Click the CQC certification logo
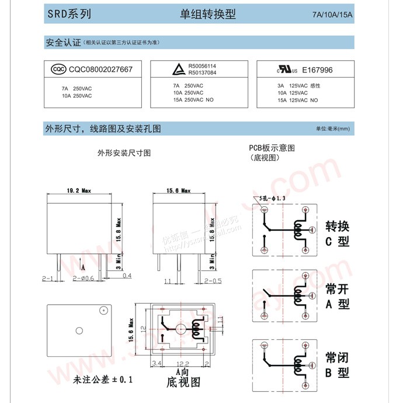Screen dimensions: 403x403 click(x=58, y=70)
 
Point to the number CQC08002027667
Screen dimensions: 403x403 click(x=101, y=70)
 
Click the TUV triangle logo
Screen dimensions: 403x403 click(x=176, y=70)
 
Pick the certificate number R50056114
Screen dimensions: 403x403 click(x=202, y=67)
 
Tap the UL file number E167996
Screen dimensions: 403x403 click(x=317, y=70)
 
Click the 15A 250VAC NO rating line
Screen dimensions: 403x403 click(x=193, y=100)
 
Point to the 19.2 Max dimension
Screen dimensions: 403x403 click(x=79, y=191)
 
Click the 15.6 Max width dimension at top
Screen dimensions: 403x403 click(x=179, y=190)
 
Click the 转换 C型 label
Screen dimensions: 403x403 click(x=337, y=233)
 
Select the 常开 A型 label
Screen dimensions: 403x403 click(x=337, y=296)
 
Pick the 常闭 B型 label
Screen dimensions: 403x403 click(x=337, y=363)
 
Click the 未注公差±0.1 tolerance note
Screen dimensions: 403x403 click(x=103, y=380)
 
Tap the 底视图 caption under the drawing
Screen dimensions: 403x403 click(x=183, y=383)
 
